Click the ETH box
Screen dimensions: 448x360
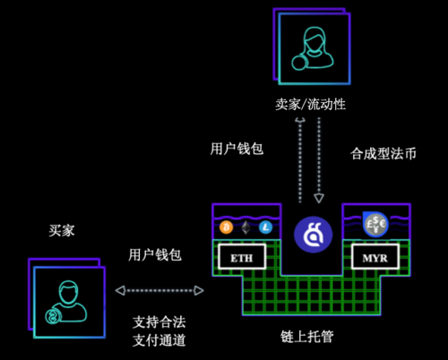pyautogui.click(x=242, y=257)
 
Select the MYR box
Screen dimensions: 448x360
pyautogui.click(x=375, y=257)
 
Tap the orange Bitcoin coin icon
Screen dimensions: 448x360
pyautogui.click(x=227, y=227)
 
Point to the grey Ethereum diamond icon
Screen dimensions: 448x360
pyautogui.click(x=246, y=227)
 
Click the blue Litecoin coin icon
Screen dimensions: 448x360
pyautogui.click(x=265, y=227)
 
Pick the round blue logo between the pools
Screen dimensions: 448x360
pyautogui.click(x=313, y=235)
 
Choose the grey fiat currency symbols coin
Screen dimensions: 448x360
pyautogui.click(x=375, y=225)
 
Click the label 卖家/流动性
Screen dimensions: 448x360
pyautogui.click(x=310, y=104)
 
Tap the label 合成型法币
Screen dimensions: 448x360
pyautogui.click(x=383, y=154)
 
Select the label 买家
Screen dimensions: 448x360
pyautogui.click(x=62, y=230)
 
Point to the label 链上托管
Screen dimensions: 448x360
pyautogui.click(x=307, y=337)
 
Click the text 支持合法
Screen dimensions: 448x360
pyautogui.click(x=159, y=322)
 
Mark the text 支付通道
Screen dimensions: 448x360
pyautogui.click(x=159, y=340)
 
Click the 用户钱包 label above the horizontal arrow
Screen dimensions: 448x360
pyautogui.click(x=155, y=255)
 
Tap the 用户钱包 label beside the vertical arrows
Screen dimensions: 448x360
pyautogui.click(x=237, y=149)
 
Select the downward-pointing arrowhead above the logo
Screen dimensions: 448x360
pyautogui.click(x=319, y=198)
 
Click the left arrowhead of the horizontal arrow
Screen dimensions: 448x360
pyautogui.click(x=120, y=290)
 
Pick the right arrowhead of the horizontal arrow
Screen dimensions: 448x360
pyautogui.click(x=199, y=290)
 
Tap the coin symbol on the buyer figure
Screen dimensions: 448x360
pyautogui.click(x=53, y=316)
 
